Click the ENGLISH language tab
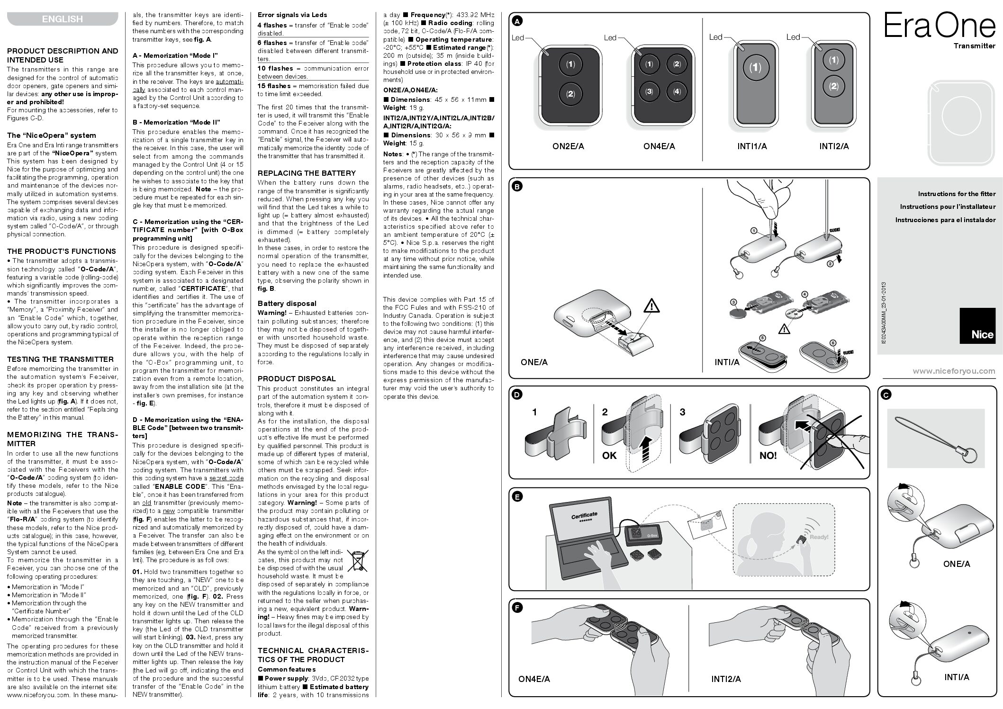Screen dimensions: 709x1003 (x=62, y=19)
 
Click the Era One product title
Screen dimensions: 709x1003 (x=939, y=27)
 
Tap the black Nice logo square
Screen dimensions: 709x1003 (x=977, y=326)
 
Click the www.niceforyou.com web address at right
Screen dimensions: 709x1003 (x=954, y=371)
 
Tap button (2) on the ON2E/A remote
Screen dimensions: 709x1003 (x=570, y=94)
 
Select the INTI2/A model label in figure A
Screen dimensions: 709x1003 (x=834, y=146)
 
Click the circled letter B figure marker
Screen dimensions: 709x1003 (x=517, y=187)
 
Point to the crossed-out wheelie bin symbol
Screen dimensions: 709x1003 (x=357, y=560)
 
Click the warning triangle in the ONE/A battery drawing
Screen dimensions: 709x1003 (x=651, y=306)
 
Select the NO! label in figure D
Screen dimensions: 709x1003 (x=768, y=456)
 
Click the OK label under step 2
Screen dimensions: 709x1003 (x=609, y=456)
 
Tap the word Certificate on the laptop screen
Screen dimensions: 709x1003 (x=584, y=515)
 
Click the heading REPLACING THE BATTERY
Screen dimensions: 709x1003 (x=307, y=173)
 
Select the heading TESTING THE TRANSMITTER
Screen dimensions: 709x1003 (x=60, y=359)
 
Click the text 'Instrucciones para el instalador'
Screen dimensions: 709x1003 (x=945, y=220)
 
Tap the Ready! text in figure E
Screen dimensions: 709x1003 (x=819, y=537)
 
